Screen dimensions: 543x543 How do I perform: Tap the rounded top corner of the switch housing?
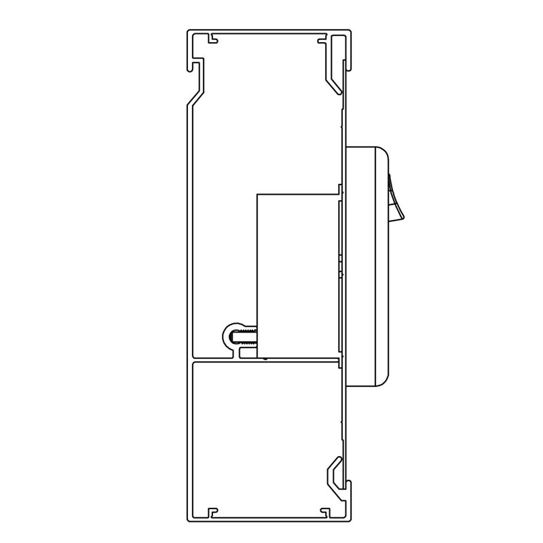click(x=381, y=153)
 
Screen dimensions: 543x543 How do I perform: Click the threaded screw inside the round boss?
click(x=244, y=335)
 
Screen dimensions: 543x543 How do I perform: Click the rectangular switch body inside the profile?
click(x=297, y=275)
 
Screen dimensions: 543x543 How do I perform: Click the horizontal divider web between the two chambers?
click(x=265, y=359)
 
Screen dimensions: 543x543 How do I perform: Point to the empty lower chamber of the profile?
click(x=265, y=434)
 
